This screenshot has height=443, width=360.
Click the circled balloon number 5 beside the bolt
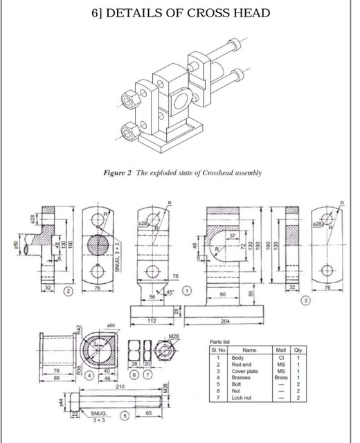tap(125, 415)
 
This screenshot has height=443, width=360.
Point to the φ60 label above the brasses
tap(110, 324)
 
